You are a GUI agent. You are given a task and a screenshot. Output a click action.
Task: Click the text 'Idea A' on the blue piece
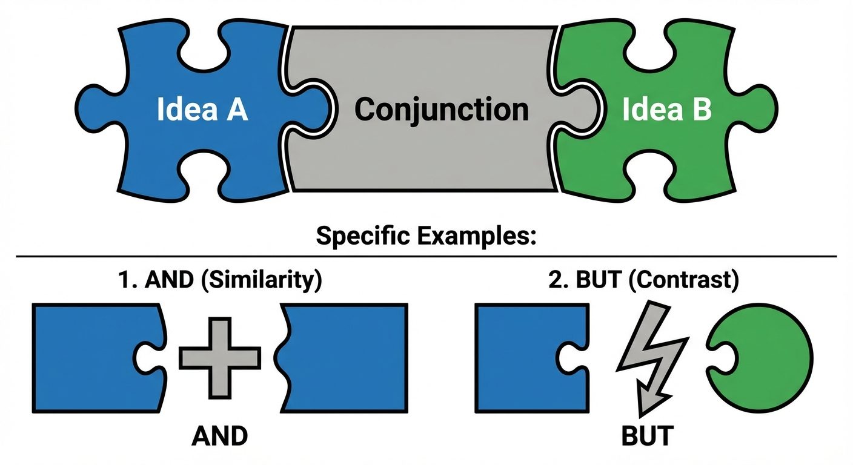(x=202, y=111)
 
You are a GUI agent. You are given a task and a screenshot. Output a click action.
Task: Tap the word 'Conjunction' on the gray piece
(x=442, y=110)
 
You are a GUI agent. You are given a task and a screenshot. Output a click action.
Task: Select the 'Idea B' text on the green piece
(x=667, y=111)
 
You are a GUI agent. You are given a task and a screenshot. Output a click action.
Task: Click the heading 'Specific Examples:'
(x=426, y=236)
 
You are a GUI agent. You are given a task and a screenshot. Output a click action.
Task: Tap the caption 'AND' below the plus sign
(x=219, y=435)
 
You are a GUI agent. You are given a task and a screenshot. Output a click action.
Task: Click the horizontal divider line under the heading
(x=426, y=256)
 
